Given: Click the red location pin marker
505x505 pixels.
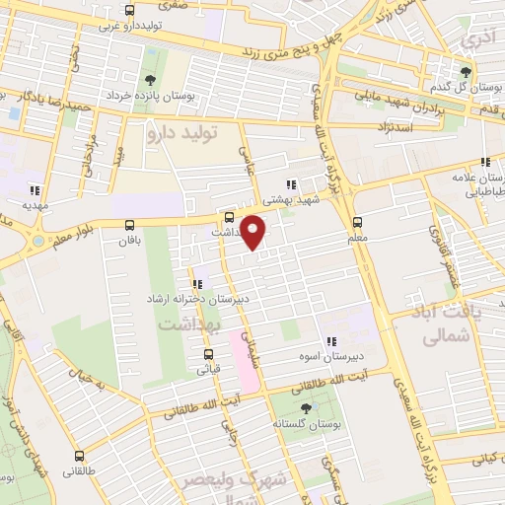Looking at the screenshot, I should point(253,231).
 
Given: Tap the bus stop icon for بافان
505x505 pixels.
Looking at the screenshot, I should point(129,225).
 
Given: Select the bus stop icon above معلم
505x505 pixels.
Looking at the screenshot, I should point(357,223).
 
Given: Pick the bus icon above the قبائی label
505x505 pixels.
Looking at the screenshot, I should point(208,355).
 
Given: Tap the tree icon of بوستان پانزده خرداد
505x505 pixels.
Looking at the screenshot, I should point(150,81).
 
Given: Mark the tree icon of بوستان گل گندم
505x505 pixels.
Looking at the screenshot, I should point(468,72).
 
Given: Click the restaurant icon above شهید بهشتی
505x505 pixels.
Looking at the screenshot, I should point(289,183).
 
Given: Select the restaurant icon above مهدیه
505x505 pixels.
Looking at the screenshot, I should point(35,191).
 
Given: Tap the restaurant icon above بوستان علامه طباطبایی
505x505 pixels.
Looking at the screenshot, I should point(483,162).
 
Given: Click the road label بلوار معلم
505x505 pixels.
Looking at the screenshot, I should point(74,236).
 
